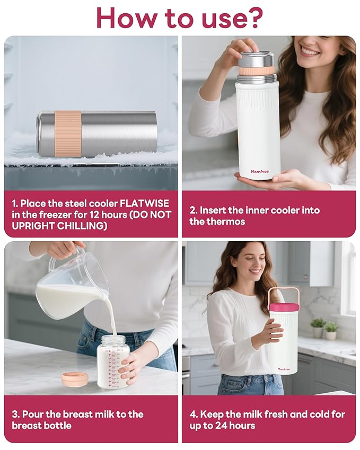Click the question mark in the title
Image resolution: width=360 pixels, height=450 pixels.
pyautogui.click(x=253, y=17)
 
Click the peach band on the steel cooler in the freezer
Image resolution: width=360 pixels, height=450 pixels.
pyautogui.click(x=68, y=134)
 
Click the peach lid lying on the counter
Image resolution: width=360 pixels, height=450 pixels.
pyautogui.click(x=74, y=378)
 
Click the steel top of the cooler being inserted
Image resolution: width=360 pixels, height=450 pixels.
pyautogui.click(x=256, y=59)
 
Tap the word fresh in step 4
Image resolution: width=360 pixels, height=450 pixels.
pyautogui.click(x=284, y=414)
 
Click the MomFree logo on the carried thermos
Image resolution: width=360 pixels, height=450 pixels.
pyautogui.click(x=284, y=369)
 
